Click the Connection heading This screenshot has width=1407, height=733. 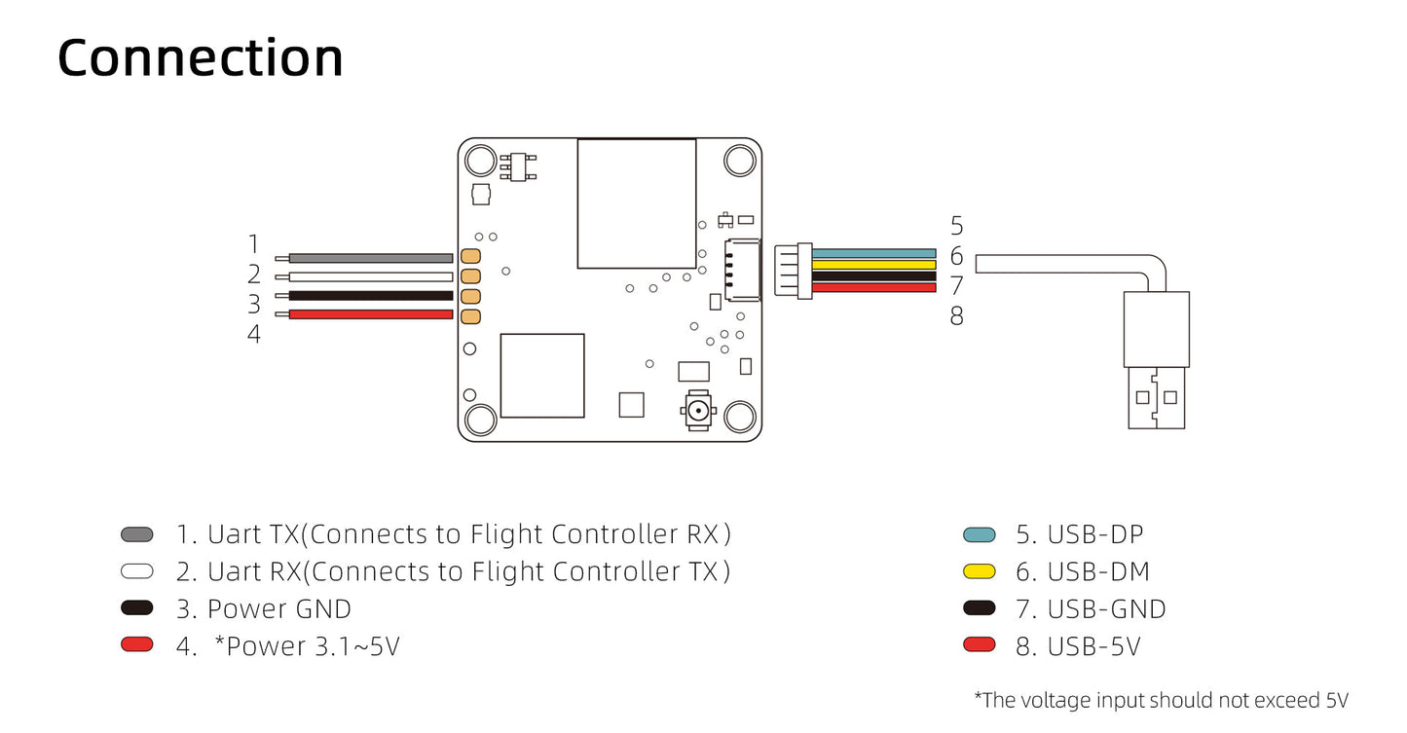[201, 58]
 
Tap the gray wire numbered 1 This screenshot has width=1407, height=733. [370, 258]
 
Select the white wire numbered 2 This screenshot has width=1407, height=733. [370, 276]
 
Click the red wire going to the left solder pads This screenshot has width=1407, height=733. [370, 314]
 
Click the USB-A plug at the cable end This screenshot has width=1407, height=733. [1156, 360]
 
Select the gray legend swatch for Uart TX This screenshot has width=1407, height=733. [136, 534]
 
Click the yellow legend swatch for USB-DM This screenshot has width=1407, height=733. [979, 571]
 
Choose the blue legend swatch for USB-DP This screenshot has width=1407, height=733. [979, 534]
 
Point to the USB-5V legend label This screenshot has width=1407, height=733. [1078, 646]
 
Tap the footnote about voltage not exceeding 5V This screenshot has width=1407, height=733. [1161, 700]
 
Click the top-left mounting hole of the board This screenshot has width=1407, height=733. [480, 160]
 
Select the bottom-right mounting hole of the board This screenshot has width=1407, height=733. [740, 419]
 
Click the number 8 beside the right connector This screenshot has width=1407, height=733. [956, 316]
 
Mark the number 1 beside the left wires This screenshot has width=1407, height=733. [254, 244]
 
